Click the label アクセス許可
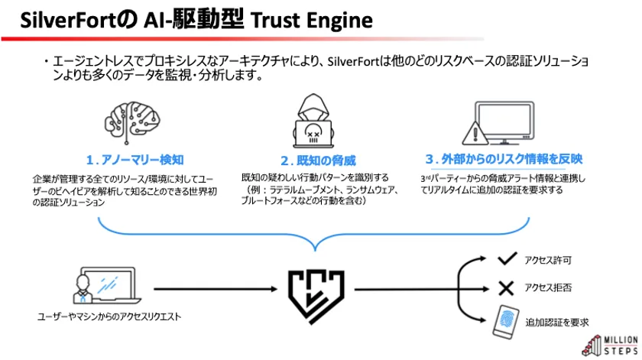[x=546, y=261]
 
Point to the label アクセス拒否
[x=546, y=289]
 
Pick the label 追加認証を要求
[x=556, y=322]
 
